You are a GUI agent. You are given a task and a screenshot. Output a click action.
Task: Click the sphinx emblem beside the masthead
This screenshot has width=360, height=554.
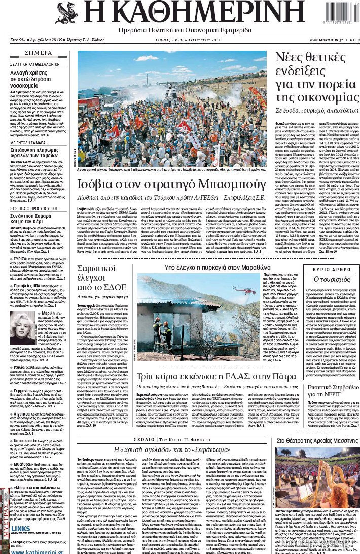click(66, 13)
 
